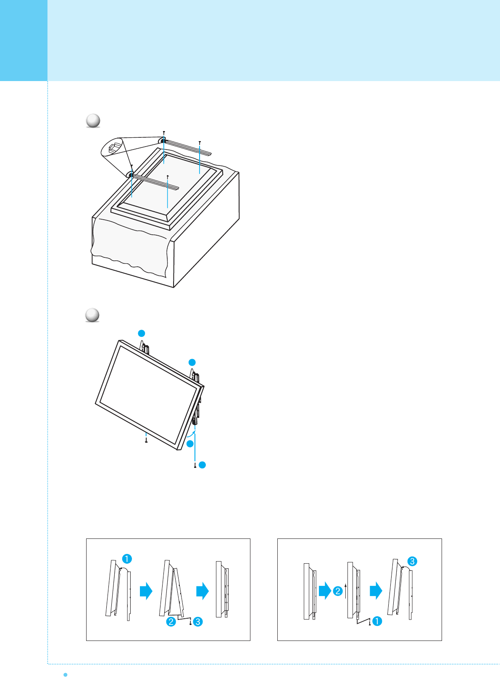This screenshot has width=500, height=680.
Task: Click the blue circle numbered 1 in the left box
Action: pos(127,559)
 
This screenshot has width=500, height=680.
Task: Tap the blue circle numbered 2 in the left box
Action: pos(171,622)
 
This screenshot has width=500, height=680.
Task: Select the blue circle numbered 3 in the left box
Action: pos(198,622)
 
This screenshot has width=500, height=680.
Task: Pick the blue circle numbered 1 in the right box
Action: pos(377,621)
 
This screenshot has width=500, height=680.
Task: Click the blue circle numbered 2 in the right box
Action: pos(338,591)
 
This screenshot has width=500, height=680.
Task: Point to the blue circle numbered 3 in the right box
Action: pos(412,561)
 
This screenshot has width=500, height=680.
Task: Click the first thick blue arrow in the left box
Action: pos(146,591)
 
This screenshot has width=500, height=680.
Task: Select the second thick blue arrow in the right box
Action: pos(376,591)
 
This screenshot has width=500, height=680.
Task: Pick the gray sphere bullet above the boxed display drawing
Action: pos(93,121)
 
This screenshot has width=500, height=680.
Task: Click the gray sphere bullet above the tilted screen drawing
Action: pos(92,315)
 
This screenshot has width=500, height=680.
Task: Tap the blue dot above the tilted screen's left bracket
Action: pos(142,333)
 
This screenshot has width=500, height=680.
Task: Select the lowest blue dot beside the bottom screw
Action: pos(202,465)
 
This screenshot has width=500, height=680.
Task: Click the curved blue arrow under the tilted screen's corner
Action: pos(191,436)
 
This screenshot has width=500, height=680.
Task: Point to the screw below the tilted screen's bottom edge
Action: pos(146,441)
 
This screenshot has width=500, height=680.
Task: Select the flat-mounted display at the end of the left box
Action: pos(219,589)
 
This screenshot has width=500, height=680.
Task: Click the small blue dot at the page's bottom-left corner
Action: pos(65,674)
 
